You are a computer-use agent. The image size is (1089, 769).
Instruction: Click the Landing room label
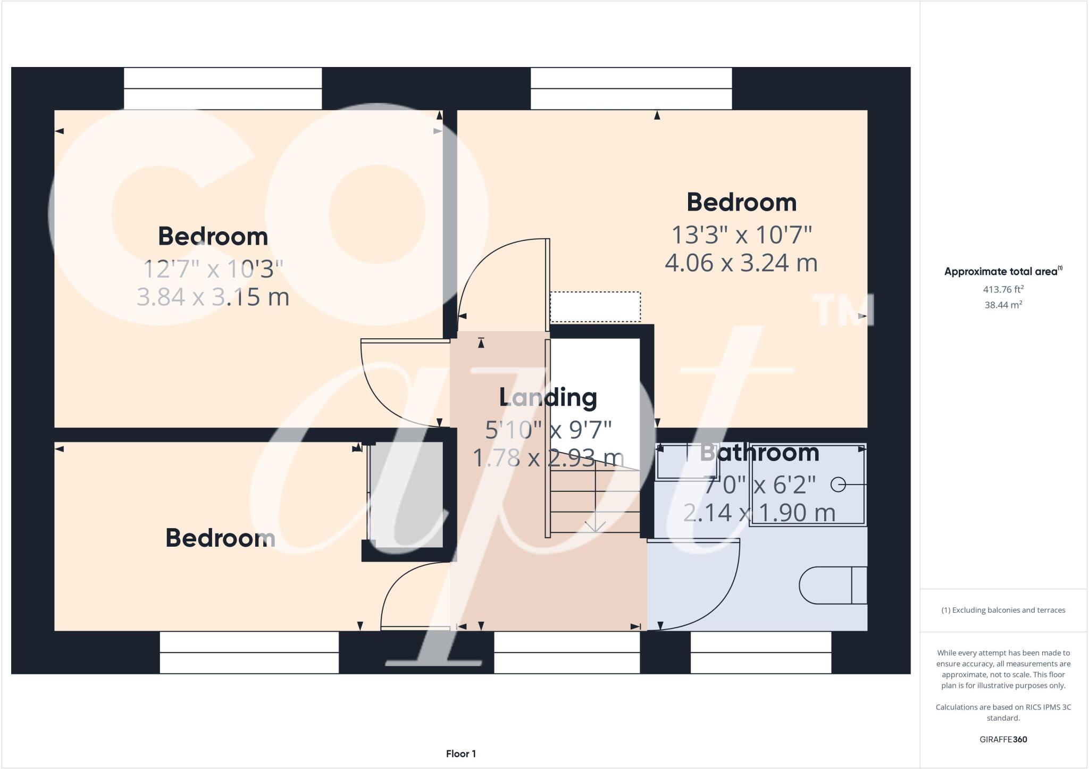coord(548,398)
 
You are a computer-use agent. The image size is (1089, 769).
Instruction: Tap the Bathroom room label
coord(759,453)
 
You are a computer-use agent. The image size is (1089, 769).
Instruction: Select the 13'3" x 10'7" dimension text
coord(742,235)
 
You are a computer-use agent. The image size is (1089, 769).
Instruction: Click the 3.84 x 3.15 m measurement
coord(213,297)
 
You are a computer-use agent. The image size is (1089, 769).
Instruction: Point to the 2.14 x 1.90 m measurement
coord(759,513)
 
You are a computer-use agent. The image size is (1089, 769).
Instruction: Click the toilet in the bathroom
coord(832,586)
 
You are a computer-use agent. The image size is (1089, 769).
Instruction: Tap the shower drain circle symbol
coord(838,484)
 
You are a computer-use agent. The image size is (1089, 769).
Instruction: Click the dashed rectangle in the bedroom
coord(595,307)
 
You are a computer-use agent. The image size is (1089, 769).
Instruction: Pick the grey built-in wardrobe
coord(406,495)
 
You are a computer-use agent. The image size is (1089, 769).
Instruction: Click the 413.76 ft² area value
coord(1003,290)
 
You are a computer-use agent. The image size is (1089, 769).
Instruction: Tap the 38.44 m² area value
coord(1003,305)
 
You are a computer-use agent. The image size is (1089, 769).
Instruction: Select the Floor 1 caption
coord(460,754)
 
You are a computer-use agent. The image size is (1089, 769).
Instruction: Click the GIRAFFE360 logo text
coord(1003,739)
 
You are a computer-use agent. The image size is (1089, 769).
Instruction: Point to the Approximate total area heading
coord(1002,271)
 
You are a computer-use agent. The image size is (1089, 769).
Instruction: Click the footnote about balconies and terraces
coord(1003,610)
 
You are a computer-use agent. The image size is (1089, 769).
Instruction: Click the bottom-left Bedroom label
coord(220,538)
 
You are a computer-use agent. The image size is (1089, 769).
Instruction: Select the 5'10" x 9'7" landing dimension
coord(548,430)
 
